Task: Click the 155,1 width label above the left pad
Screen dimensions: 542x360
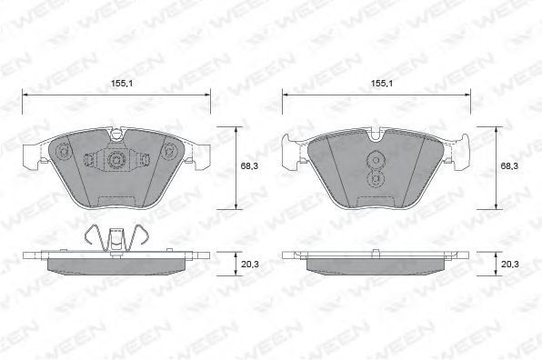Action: (122, 84)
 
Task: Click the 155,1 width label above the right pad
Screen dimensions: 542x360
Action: (382, 84)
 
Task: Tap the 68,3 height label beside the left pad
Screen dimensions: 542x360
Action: (249, 165)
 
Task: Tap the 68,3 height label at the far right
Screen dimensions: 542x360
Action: (509, 165)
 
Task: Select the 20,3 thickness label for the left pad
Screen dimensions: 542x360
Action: (250, 265)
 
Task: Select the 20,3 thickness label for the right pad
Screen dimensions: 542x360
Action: (510, 265)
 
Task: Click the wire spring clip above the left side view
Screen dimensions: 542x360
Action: (117, 238)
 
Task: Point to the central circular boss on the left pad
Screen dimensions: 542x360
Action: (115, 160)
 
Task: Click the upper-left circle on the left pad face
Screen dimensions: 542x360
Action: (64, 151)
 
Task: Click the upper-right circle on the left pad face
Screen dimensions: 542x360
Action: (169, 151)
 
